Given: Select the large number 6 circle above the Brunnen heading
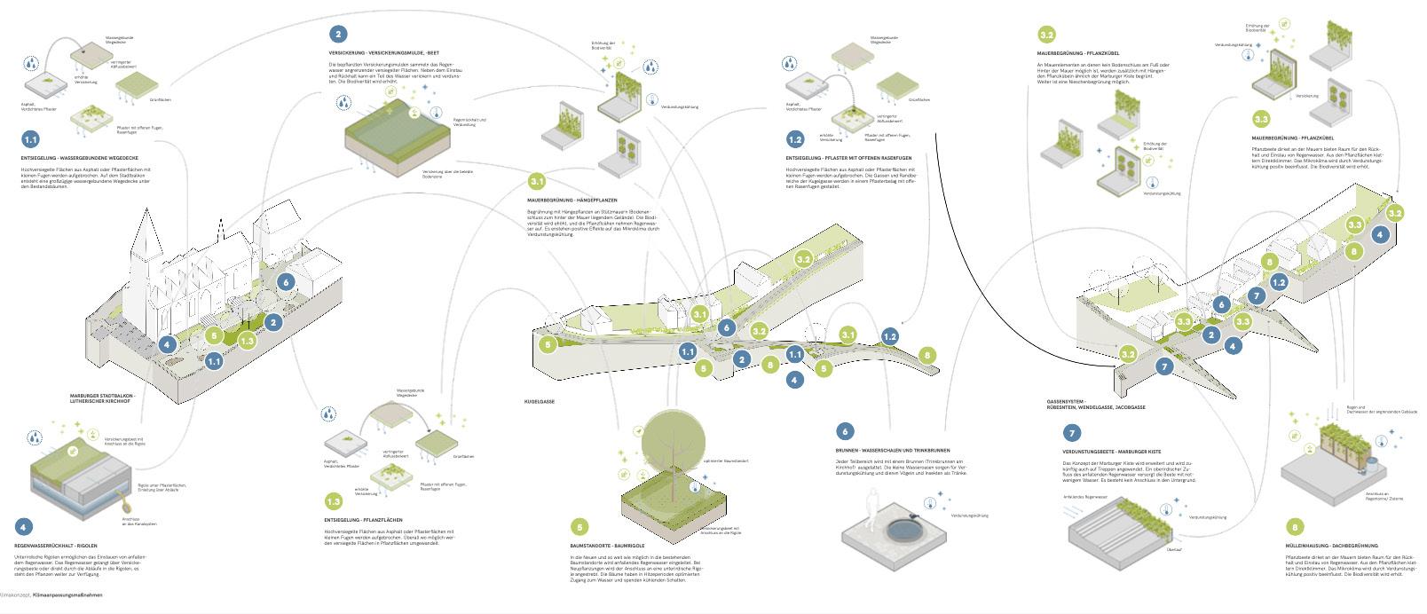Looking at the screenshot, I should tap(845, 431).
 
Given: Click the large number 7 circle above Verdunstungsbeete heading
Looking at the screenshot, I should tap(1072, 433).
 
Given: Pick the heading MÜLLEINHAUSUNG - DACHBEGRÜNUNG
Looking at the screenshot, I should tap(1331, 545).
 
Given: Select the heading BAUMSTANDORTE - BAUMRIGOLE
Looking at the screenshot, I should tap(607, 545).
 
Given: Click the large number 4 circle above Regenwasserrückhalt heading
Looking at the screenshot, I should tap(24, 526).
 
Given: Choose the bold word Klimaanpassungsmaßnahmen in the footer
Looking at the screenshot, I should tap(67, 594).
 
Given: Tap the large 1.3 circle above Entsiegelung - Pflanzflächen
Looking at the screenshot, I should tap(333, 501).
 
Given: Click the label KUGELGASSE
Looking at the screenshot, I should tap(540, 402).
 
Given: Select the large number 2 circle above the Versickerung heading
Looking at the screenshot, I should tap(337, 35).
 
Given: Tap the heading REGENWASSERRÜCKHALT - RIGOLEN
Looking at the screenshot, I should tap(56, 545).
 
